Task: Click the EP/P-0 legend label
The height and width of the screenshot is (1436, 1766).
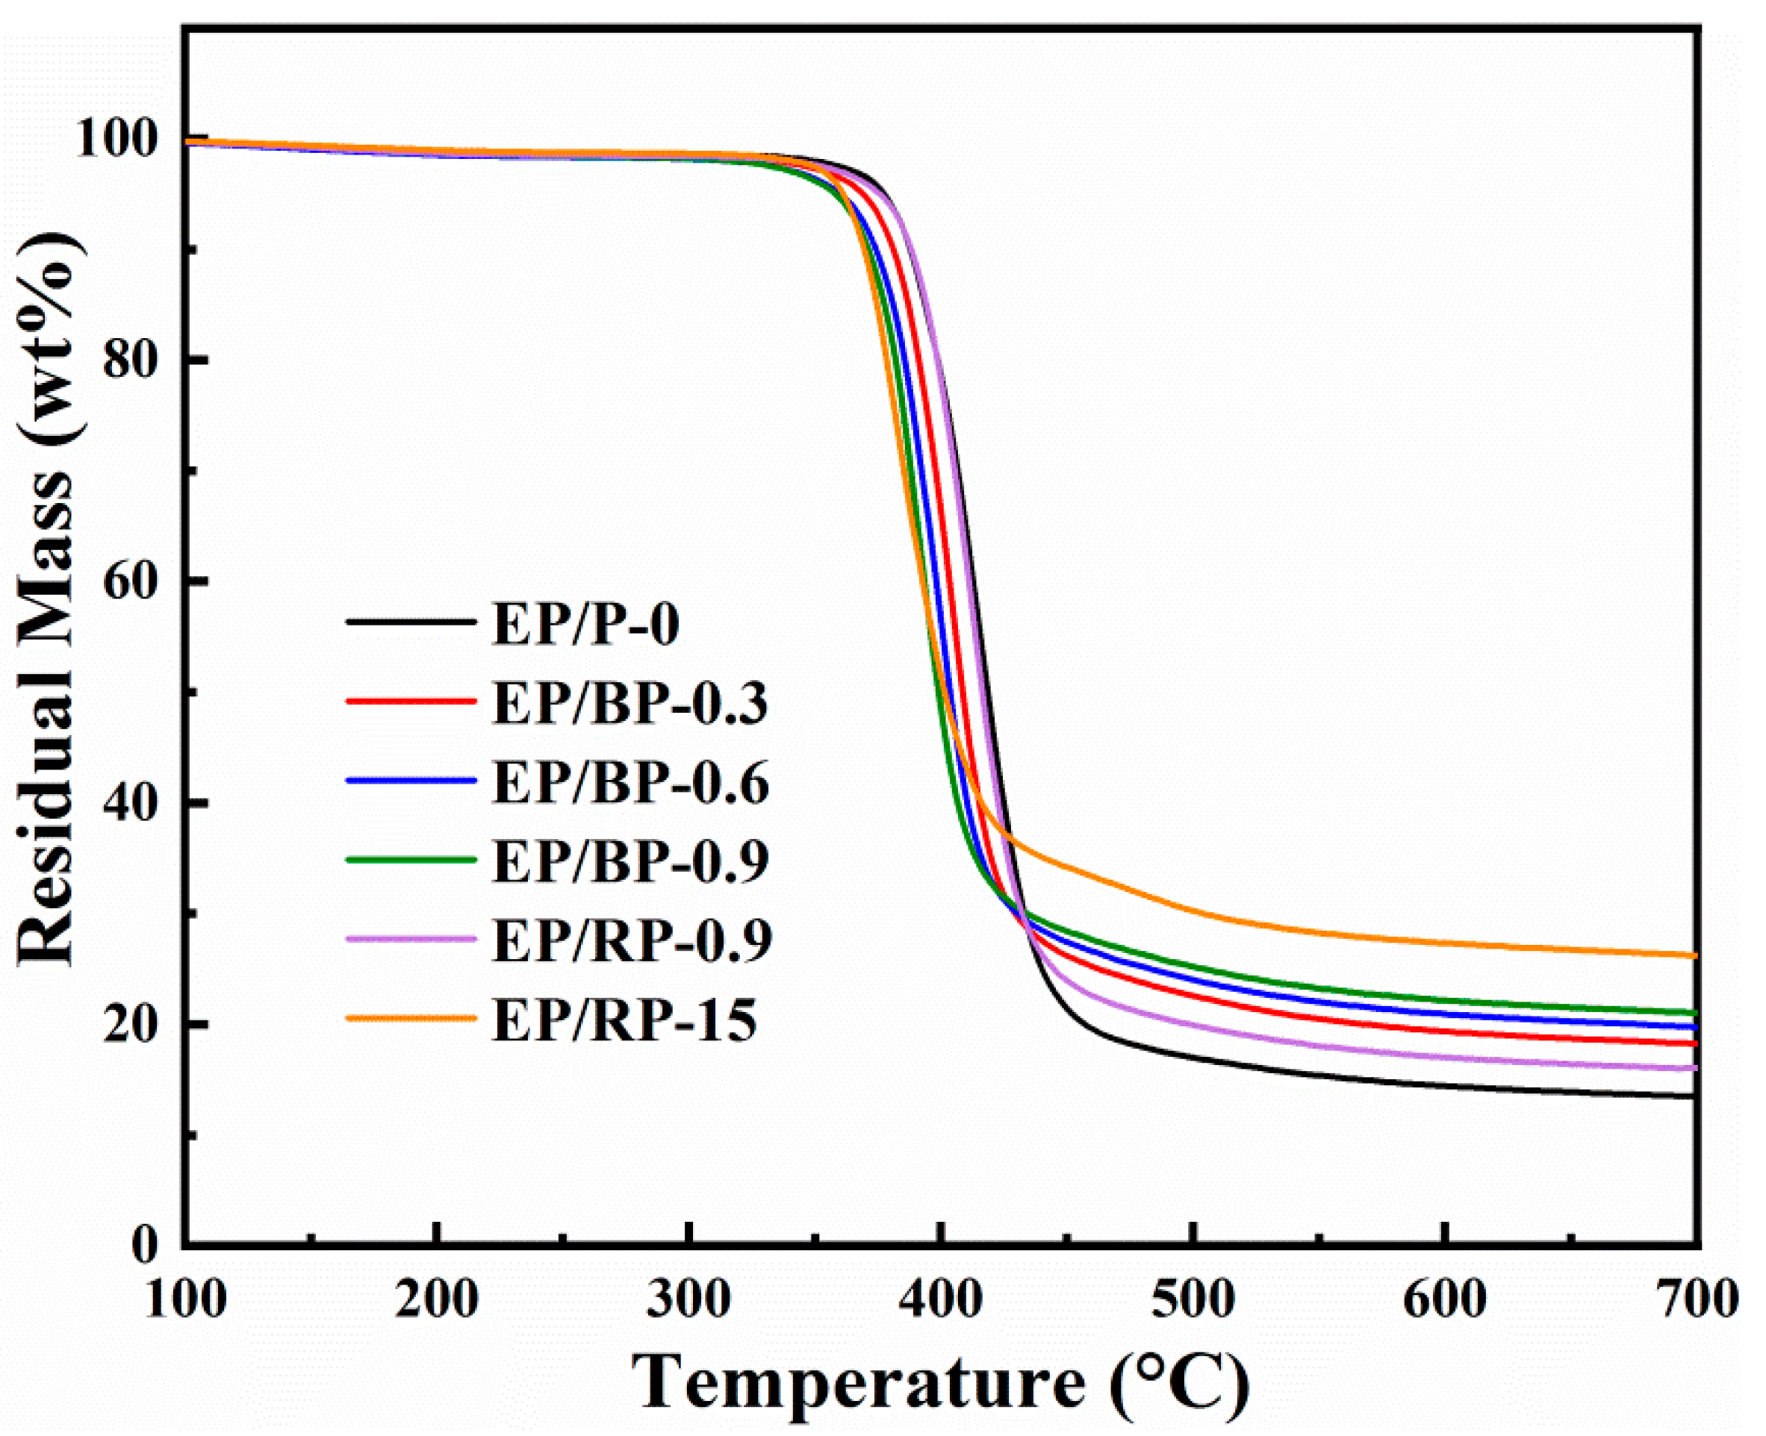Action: point(586,624)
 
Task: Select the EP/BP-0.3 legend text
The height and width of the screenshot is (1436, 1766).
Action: point(629,703)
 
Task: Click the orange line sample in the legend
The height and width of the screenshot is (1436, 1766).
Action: point(411,1018)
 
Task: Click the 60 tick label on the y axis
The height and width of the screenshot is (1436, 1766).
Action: point(131,581)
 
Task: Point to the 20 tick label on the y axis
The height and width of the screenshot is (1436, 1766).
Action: point(131,1024)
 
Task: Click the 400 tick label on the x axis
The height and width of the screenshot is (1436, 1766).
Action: point(940,1301)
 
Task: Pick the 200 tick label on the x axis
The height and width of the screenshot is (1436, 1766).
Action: point(436,1301)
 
